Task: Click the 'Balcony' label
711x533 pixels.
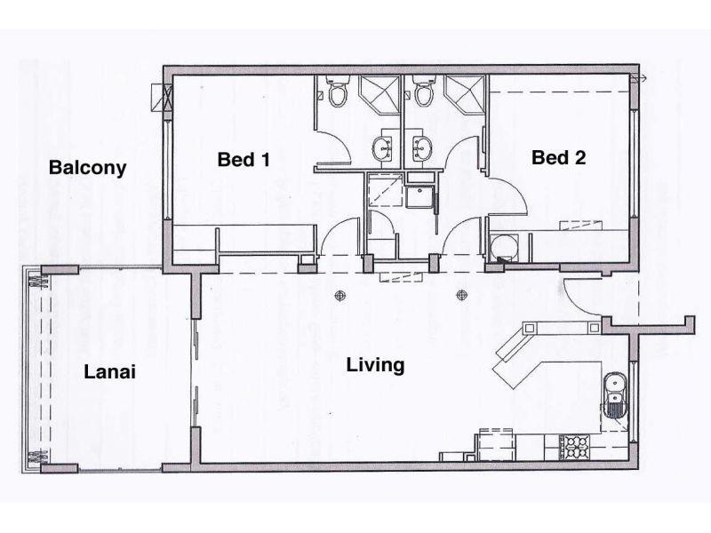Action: pos(87,167)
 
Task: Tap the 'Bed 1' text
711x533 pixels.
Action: pos(243,159)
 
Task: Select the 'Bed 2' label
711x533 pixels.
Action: pos(558,158)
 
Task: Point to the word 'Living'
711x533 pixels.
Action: pos(375,364)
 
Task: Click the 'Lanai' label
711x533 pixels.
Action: pos(109,372)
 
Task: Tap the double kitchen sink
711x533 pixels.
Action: pos(615,394)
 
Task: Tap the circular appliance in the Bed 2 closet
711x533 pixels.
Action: pos(504,244)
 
